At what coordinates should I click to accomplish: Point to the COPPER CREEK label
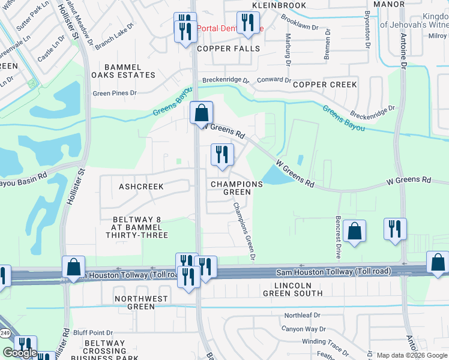coord(325,85)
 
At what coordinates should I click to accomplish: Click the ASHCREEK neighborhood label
coord(141,187)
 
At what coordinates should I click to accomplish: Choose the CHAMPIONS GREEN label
coord(237,188)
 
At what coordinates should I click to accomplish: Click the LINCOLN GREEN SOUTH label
coord(293,289)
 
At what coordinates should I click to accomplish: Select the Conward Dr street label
coord(274,80)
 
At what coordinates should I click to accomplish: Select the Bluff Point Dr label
coord(93,332)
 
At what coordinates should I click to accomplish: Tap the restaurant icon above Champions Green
coord(221,154)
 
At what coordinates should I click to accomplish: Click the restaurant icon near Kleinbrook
coord(247,23)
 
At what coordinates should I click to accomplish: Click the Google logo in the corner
coord(19,353)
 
